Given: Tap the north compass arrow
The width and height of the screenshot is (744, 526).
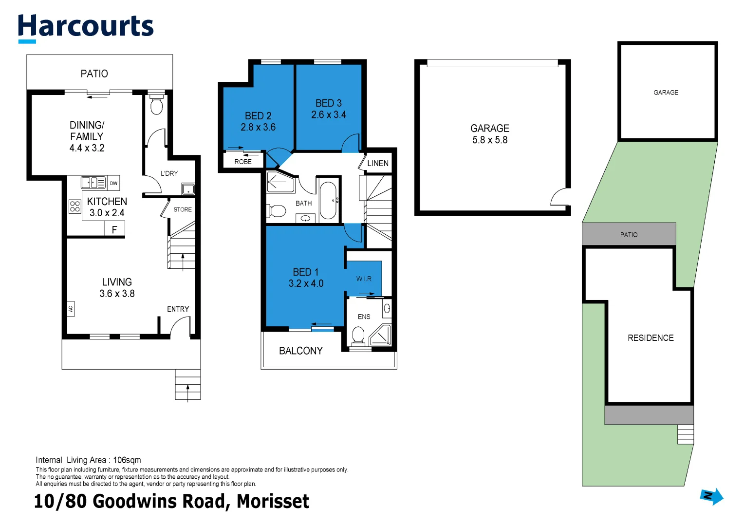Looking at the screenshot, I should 711,496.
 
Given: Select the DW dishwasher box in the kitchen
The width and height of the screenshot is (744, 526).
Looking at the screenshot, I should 113,183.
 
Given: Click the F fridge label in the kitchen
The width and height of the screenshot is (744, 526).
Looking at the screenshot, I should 114,229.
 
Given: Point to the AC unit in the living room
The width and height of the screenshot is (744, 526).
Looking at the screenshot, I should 71,308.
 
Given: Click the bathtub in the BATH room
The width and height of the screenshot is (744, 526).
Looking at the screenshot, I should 328,201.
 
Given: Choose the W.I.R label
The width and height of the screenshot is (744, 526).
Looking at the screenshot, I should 364,279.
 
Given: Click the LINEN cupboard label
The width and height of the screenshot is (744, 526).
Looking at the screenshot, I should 378,163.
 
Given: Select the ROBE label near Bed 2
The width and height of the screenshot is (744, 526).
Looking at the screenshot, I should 243,162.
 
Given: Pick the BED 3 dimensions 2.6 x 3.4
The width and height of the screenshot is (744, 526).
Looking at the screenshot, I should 329,115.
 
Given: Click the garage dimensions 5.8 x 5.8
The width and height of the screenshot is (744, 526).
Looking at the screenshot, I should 490,140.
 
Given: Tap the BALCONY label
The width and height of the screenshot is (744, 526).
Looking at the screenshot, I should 300,351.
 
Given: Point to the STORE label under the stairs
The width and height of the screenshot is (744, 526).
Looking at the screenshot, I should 183,209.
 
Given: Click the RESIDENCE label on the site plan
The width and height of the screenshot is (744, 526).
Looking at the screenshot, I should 651,338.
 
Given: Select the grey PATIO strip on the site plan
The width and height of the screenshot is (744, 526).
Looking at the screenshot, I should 629,234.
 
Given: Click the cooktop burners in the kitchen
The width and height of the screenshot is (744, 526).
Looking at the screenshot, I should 74,206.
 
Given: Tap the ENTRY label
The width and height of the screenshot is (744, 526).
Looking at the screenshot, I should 178,309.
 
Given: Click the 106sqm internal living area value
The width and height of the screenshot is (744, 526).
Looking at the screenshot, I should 127,460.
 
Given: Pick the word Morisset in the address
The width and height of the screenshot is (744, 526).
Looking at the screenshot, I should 273,501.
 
